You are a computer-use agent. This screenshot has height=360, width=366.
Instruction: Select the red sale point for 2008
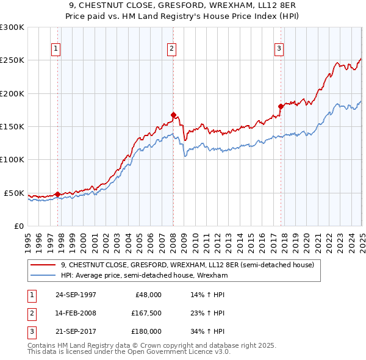pyautogui.click(x=174, y=115)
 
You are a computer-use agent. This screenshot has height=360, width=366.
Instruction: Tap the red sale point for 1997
pyautogui.click(x=58, y=194)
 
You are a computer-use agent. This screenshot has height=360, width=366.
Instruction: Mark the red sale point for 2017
pyautogui.click(x=281, y=106)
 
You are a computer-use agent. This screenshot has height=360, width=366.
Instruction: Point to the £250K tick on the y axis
pyautogui.click(x=12, y=60)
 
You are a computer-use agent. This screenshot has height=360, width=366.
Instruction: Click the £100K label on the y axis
pyautogui.click(x=12, y=160)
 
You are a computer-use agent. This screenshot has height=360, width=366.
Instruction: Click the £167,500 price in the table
pyautogui.click(x=145, y=313)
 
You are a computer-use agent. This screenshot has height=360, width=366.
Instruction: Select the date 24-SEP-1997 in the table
pyautogui.click(x=76, y=295)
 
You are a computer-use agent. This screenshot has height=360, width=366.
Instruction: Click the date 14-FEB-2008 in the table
pyautogui.click(x=76, y=313)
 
